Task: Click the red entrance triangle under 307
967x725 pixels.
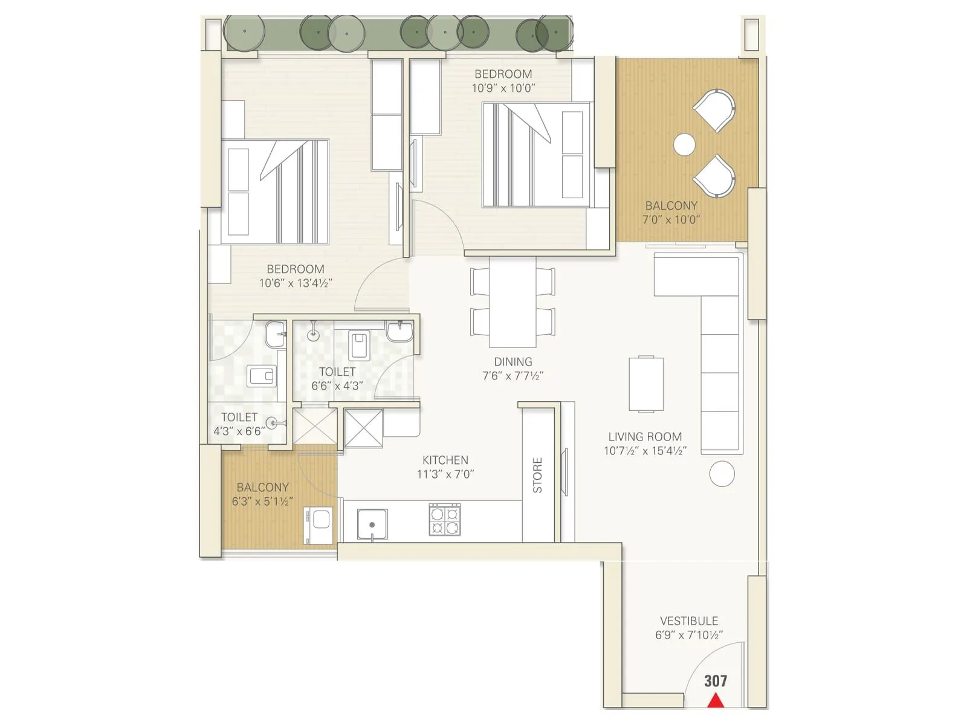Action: coord(716,700)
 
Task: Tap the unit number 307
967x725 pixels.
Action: coord(716,681)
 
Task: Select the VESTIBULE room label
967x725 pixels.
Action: coord(689,621)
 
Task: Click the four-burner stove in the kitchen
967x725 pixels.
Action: coord(445,520)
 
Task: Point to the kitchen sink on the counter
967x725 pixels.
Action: coord(372,523)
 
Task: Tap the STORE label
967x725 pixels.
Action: coord(537,475)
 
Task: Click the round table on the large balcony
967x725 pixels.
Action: coord(684,144)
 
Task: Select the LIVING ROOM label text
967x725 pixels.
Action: coord(645,437)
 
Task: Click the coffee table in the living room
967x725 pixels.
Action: coord(646,384)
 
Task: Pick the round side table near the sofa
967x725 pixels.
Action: coord(722,474)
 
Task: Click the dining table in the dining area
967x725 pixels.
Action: coord(513,302)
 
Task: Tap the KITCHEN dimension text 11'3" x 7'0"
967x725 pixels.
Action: coord(445,474)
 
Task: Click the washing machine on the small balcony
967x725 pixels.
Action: coord(319,525)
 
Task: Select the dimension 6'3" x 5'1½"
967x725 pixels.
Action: coord(262,501)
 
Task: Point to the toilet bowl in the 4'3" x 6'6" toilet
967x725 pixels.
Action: coord(263,376)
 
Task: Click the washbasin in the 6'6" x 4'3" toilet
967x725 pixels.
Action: coord(399,331)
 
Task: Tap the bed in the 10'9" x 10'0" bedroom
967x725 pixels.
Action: coord(535,155)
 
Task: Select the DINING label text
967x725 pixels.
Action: coord(513,362)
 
